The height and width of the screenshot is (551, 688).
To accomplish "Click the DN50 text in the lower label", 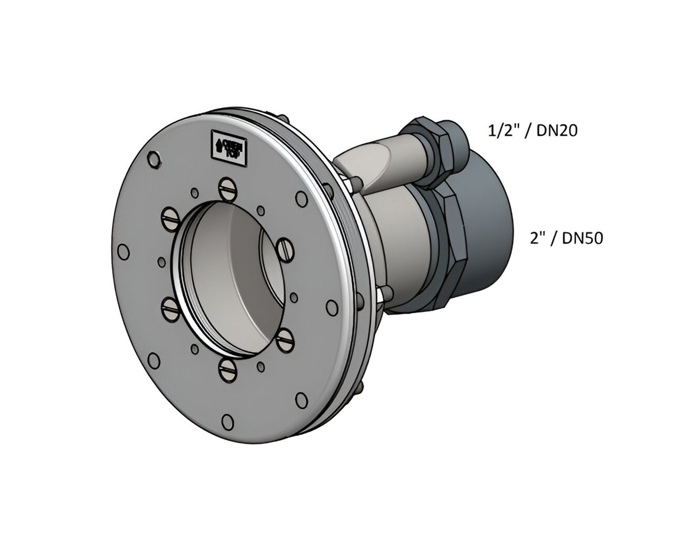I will point(583,238).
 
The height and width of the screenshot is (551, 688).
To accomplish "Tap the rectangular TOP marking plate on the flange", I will point(228,146).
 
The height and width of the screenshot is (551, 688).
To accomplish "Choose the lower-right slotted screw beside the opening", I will point(286,338).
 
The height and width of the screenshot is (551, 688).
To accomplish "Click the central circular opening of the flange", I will point(229,275).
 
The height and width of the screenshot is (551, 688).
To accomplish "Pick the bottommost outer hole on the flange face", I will point(228,422).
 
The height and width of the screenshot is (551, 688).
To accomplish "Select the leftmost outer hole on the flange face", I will point(123,252).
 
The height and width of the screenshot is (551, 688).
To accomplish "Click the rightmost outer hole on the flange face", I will point(332,308).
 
